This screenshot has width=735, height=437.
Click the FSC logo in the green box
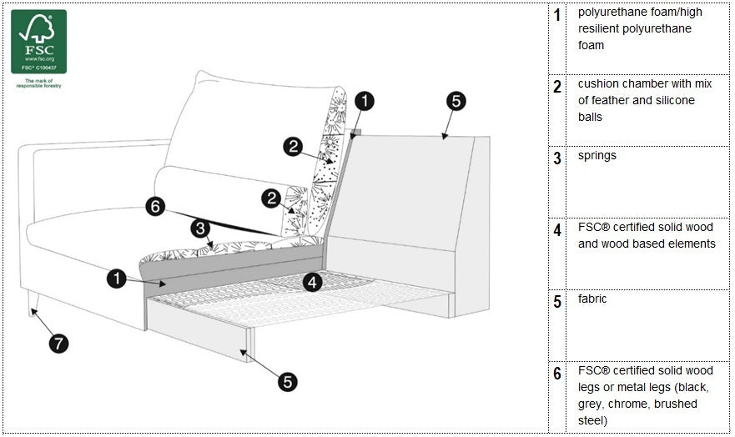pyautogui.click(x=38, y=41)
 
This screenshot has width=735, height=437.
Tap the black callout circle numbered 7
pyautogui.click(x=58, y=342)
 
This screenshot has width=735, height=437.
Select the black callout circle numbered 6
pyautogui.click(x=155, y=206)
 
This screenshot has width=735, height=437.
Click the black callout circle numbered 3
pyautogui.click(x=199, y=227)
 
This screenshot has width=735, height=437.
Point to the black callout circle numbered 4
pyautogui.click(x=312, y=282)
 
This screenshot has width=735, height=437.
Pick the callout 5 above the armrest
pyautogui.click(x=456, y=102)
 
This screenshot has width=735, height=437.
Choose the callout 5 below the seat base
pyautogui.click(x=287, y=382)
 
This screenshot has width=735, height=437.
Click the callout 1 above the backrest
pyautogui.click(x=365, y=102)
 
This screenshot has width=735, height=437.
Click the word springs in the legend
pyautogui.click(x=597, y=156)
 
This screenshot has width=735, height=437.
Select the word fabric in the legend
pyautogui.click(x=592, y=299)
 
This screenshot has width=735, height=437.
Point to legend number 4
pyautogui.click(x=557, y=230)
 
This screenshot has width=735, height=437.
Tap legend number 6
pyautogui.click(x=557, y=374)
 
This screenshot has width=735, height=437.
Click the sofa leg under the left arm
pyautogui.click(x=33, y=301)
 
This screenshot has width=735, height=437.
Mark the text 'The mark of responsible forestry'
pyautogui.click(x=38, y=83)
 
